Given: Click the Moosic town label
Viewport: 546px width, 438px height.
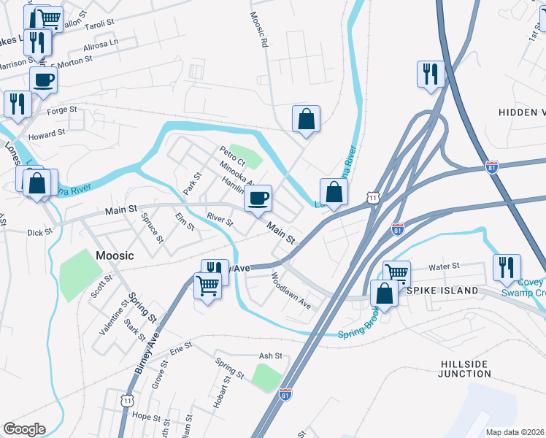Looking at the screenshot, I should click(115, 255).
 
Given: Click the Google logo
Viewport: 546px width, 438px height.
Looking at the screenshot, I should click(23, 429).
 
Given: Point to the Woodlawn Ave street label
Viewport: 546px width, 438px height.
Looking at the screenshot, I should click(291, 291).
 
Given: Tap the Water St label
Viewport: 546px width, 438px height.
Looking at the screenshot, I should click(443, 267).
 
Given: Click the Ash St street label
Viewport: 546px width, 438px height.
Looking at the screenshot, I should click(270, 356).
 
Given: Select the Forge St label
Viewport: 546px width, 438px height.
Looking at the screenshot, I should click(61, 110).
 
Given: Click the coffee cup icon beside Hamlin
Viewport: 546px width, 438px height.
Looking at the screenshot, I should click(257, 198).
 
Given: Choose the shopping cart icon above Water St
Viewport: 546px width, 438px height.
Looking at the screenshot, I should click(396, 274).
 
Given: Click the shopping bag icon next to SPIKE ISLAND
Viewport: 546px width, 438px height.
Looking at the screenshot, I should click(384, 294).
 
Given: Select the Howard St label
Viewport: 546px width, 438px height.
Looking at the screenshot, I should click(47, 136).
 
